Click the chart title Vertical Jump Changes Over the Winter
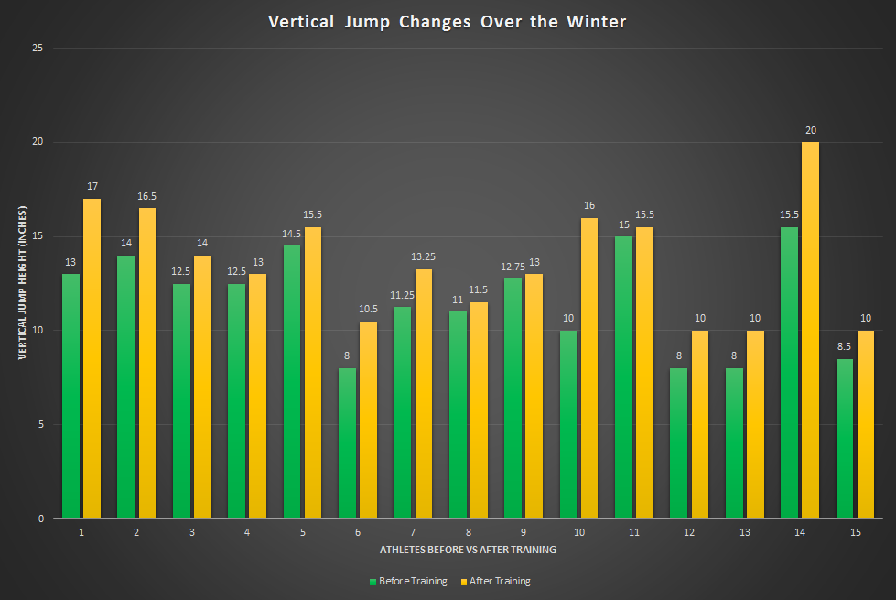[x=448, y=21]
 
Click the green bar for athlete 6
[x=347, y=443]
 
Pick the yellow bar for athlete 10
[x=589, y=367]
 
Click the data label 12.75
[x=512, y=267]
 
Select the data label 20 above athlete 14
[x=810, y=130]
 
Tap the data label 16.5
[x=146, y=196]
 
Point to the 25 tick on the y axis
[x=38, y=48]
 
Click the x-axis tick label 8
[x=469, y=531]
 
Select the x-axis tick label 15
[x=855, y=531]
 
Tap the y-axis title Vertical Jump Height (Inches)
[x=21, y=282]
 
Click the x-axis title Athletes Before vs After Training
[x=468, y=551]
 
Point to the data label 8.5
[x=845, y=347]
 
